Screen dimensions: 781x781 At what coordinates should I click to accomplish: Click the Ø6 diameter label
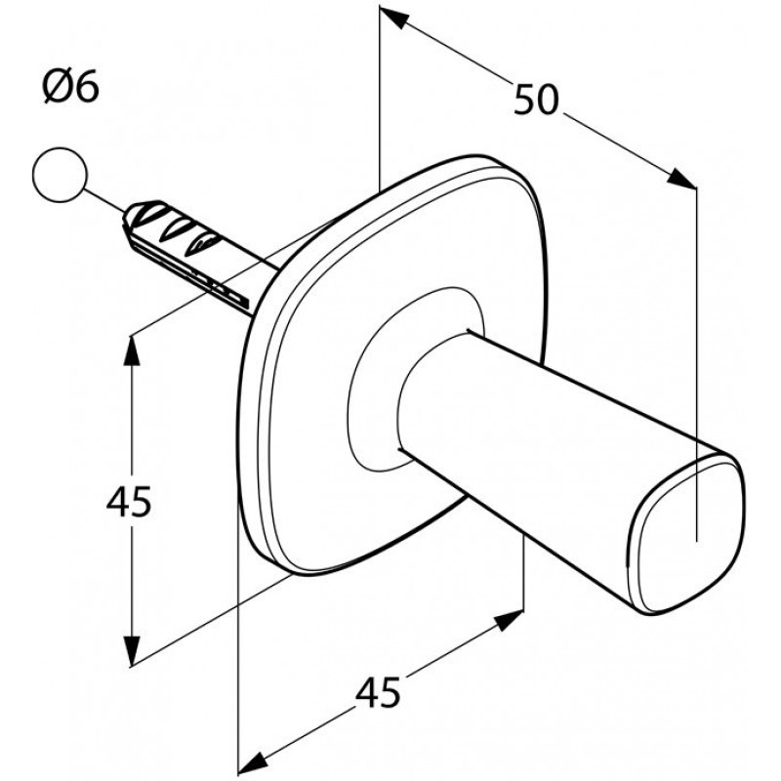70,87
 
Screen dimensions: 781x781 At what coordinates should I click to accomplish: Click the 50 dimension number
536,100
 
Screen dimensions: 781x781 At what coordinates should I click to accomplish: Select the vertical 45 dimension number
129,502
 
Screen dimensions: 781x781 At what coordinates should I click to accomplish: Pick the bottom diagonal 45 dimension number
378,692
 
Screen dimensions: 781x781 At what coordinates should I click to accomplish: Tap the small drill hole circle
60,175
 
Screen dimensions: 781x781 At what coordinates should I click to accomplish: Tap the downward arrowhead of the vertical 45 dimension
132,651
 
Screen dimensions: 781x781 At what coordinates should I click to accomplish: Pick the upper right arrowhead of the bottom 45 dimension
511,619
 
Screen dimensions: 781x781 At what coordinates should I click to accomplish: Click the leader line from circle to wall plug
103,201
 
